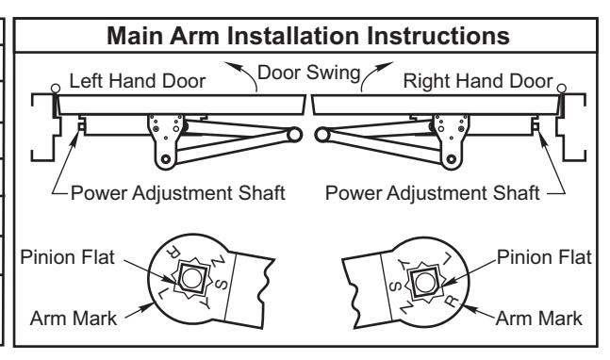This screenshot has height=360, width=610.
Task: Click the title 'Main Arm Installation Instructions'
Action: point(308,36)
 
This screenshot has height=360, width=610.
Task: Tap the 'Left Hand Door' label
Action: point(138,81)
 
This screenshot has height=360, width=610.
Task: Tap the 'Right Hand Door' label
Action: point(478,81)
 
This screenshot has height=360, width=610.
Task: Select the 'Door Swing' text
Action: point(309,73)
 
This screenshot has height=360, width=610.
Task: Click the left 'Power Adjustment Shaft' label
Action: point(178,193)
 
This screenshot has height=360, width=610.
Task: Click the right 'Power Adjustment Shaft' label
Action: point(432,193)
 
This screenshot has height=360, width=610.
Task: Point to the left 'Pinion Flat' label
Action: point(67,257)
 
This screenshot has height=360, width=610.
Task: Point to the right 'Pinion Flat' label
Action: point(544,257)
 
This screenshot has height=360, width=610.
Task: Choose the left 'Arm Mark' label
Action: point(74,319)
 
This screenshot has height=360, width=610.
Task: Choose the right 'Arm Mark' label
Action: point(538,319)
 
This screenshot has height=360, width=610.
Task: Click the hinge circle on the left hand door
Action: point(56,89)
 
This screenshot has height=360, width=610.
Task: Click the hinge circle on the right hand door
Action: point(561,89)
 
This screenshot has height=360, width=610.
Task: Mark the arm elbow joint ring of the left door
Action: point(294,135)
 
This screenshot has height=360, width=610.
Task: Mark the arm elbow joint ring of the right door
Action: point(322,135)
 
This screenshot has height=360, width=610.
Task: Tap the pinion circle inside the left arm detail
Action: point(191,278)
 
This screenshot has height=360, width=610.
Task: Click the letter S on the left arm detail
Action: point(221,284)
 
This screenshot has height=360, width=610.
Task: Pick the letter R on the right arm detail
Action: point(452,301)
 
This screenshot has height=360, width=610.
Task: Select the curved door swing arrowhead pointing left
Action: point(232,67)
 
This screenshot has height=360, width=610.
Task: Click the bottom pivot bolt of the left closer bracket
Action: point(166,159)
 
